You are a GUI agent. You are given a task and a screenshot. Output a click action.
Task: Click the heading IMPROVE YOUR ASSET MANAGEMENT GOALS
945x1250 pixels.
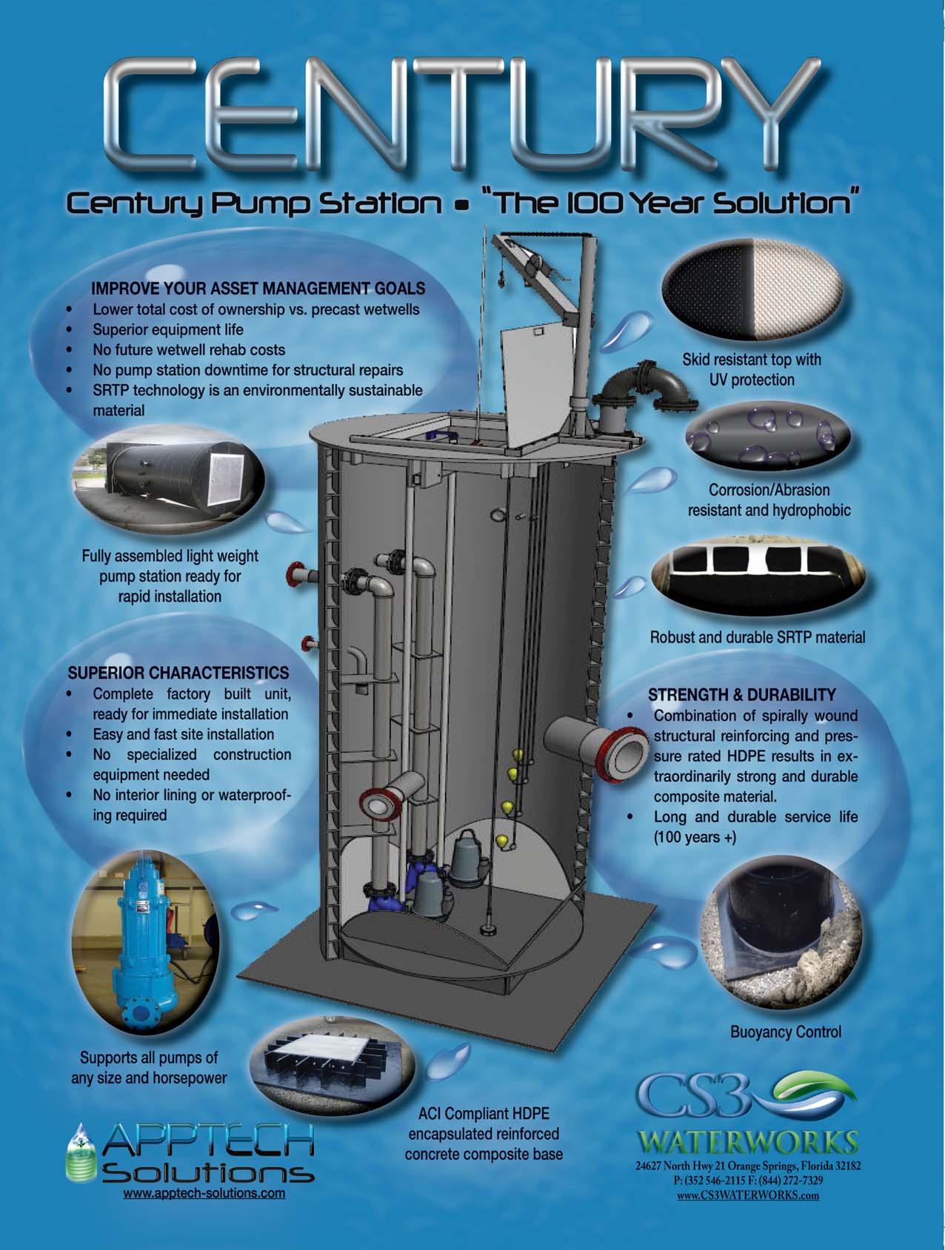point(258,288)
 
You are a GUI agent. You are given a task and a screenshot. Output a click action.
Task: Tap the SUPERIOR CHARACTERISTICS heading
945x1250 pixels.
point(178,673)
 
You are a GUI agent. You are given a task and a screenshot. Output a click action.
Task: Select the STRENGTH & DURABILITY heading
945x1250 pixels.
point(741,695)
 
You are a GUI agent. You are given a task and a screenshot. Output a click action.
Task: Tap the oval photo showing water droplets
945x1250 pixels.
point(768,438)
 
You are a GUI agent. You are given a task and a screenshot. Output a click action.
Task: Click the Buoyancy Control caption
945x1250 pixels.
point(785,1032)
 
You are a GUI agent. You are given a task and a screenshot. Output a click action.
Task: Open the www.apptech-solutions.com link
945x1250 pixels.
point(204,1193)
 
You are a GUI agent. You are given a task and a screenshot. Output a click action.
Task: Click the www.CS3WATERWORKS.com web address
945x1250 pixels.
point(748,1194)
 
